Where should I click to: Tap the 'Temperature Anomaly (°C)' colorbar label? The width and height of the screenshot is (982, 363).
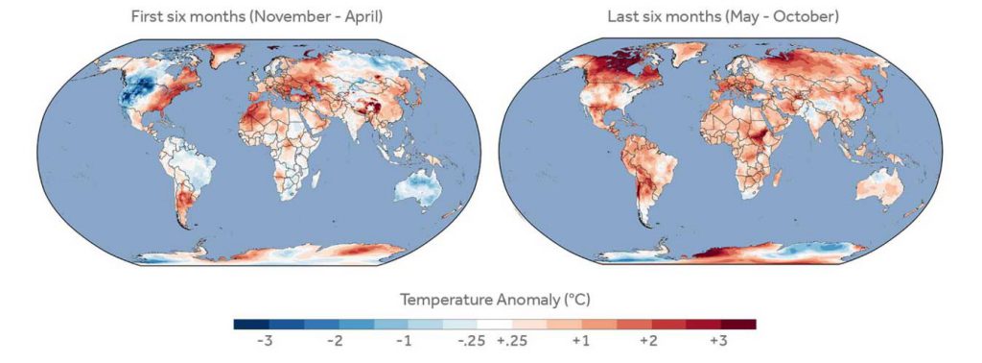[x=494, y=299]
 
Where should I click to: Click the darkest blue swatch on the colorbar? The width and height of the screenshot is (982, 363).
[x=252, y=324]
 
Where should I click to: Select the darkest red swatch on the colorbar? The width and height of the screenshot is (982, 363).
[x=738, y=324]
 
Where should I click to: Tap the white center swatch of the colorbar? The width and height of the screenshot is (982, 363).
[x=494, y=324]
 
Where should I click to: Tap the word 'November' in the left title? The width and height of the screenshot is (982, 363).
[x=265, y=17]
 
